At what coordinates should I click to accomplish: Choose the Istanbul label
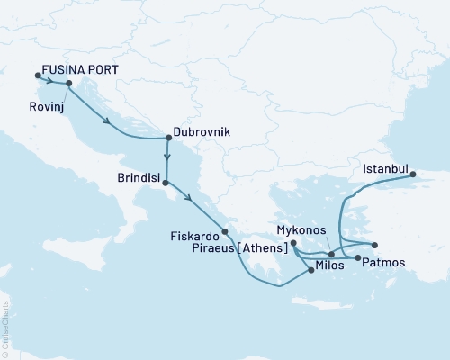[386, 168]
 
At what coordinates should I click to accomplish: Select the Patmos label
[386, 261]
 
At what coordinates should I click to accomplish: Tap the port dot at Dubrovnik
[168, 138]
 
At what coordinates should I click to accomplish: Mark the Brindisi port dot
[165, 183]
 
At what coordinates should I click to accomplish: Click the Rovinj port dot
[69, 84]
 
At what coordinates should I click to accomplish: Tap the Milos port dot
[311, 270]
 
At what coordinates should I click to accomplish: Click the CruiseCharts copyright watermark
[6, 328]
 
